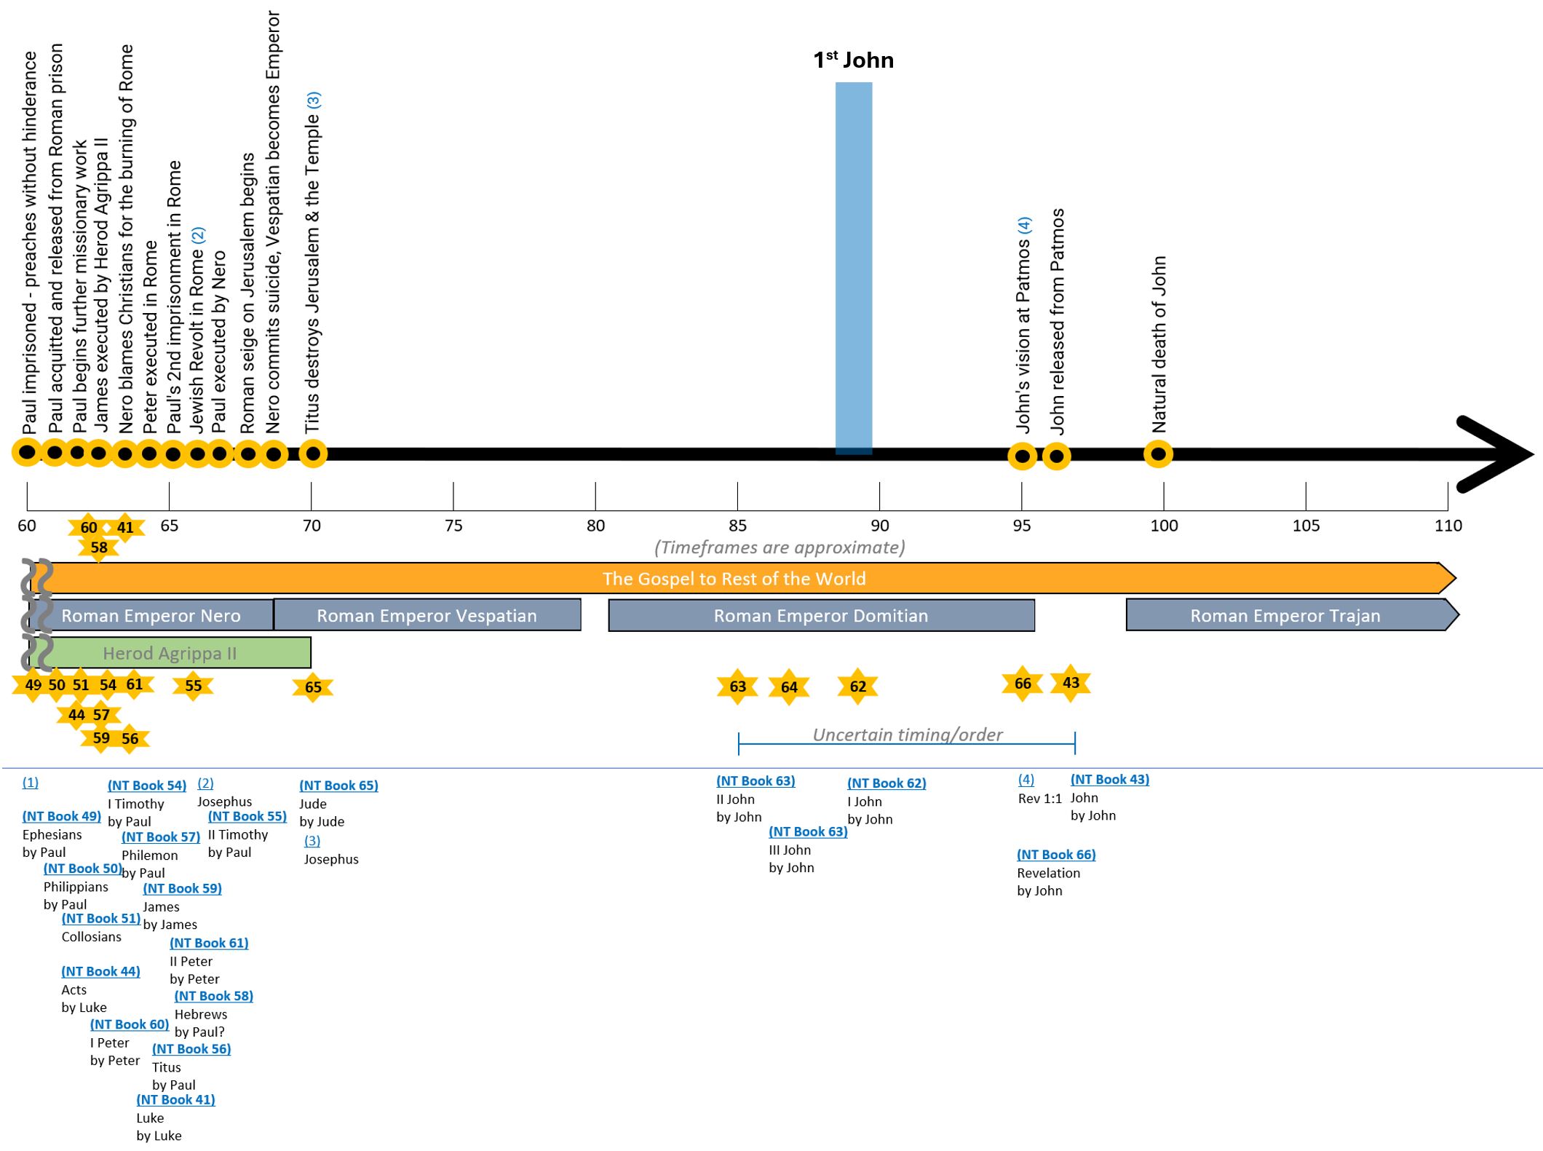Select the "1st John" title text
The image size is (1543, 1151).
click(853, 60)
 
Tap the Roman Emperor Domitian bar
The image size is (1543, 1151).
click(821, 615)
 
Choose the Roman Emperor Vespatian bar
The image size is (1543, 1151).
click(427, 615)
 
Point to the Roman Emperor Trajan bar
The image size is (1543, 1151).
click(1285, 615)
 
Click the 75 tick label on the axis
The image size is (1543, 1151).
click(453, 526)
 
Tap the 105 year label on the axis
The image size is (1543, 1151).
click(1306, 526)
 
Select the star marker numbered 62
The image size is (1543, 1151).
click(857, 686)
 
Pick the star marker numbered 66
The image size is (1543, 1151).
click(1023, 683)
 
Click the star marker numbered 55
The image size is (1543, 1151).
click(193, 685)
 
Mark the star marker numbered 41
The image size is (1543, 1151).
click(125, 527)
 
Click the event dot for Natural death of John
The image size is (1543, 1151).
click(1158, 455)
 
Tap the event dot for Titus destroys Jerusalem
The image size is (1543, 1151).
click(313, 454)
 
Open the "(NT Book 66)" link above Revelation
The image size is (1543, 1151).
click(1056, 855)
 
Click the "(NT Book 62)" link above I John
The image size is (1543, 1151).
click(886, 783)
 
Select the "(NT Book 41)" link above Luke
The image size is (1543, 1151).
click(175, 1099)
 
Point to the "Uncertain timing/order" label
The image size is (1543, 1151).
click(907, 735)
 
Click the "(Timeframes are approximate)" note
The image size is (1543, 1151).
click(780, 547)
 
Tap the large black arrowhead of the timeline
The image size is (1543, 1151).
click(1499, 454)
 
